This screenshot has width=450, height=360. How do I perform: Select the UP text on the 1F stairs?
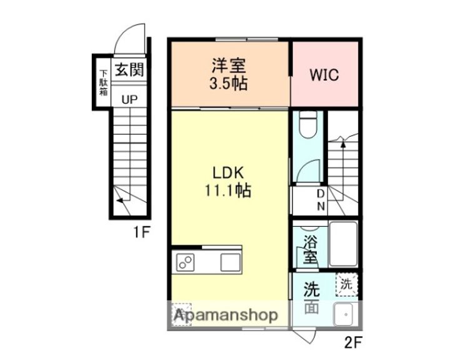[129, 98]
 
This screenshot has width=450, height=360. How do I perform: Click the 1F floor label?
[141, 232]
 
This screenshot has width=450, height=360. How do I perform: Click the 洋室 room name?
[228, 66]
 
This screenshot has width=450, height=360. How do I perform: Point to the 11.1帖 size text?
[228, 192]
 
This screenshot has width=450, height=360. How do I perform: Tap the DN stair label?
[321, 199]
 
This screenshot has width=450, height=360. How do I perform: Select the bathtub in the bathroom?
[342, 244]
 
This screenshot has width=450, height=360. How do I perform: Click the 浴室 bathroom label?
[309, 249]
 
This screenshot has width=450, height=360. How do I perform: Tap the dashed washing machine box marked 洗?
[346, 283]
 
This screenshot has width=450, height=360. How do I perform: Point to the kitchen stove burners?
[186, 263]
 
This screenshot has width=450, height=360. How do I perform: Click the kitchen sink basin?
[229, 263]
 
